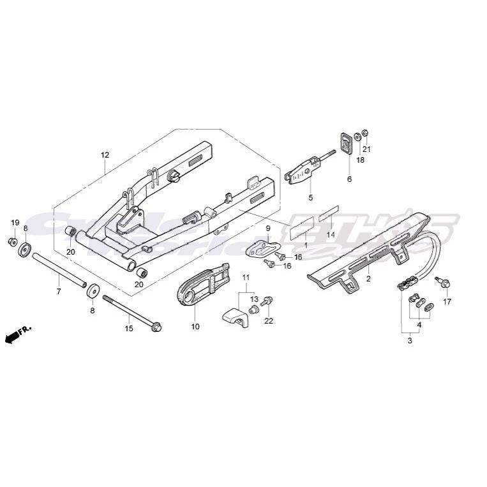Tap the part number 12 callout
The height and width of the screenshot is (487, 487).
point(105,155)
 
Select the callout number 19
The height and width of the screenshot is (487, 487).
point(15,222)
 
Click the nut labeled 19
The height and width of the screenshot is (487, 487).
point(12,241)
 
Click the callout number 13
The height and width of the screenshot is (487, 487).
point(254,299)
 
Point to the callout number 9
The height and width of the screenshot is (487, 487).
point(268,228)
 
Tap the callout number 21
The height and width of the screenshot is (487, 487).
point(366,149)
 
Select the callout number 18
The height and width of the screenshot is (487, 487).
point(361,160)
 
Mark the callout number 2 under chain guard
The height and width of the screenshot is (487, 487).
point(368,279)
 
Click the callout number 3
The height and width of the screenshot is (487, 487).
point(410,341)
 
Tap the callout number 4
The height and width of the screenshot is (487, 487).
point(419,324)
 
